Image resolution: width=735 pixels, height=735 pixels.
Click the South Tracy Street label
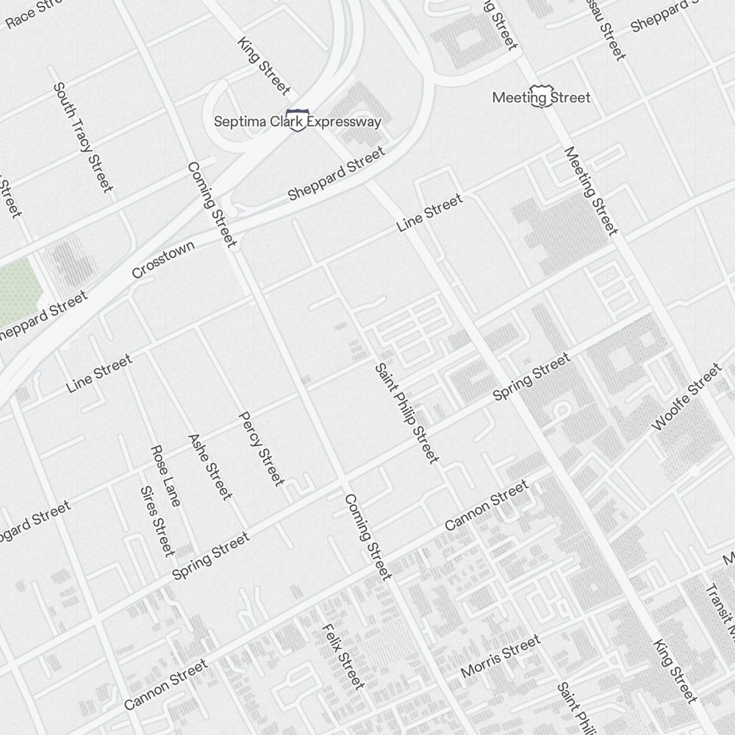(x=83, y=137)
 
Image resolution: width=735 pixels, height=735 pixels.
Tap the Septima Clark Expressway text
(x=298, y=121)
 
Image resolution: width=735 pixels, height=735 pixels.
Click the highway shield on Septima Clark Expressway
(x=298, y=120)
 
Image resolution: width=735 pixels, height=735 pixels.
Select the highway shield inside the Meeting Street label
(x=542, y=96)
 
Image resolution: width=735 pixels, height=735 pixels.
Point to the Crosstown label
(x=163, y=259)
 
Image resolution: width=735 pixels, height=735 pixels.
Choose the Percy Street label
(x=261, y=448)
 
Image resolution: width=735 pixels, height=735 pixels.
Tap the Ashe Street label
(x=210, y=467)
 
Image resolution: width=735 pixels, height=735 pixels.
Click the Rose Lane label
(x=165, y=476)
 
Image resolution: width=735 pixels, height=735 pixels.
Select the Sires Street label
(x=157, y=520)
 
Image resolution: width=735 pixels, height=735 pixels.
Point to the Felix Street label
(x=343, y=656)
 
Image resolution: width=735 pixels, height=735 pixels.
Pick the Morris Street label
(x=500, y=656)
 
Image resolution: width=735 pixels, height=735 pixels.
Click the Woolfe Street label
(x=687, y=397)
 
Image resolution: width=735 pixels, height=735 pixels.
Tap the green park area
(x=16, y=290)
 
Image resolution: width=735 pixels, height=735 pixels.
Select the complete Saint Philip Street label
(x=406, y=413)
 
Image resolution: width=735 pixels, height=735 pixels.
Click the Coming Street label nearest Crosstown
(x=212, y=204)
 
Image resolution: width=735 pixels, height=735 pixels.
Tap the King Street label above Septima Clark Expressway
(x=264, y=65)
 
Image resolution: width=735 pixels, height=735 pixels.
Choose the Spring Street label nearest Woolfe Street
(x=531, y=377)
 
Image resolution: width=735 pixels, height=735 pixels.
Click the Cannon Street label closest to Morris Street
(x=487, y=505)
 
